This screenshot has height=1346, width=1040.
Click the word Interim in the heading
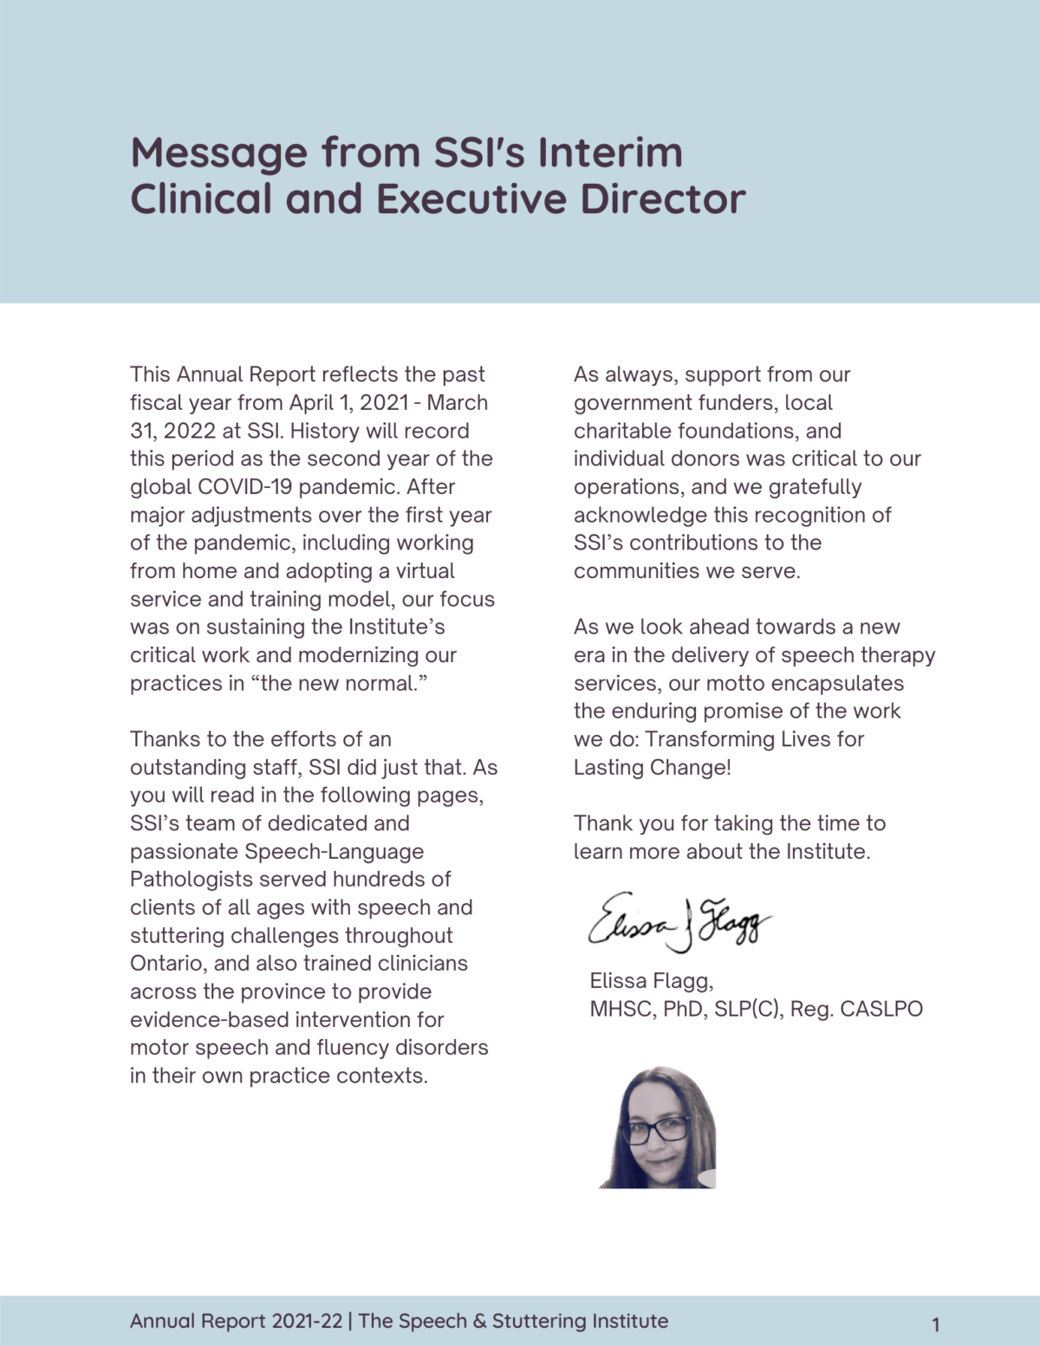[x=610, y=153]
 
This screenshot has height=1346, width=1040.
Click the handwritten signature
[x=679, y=922]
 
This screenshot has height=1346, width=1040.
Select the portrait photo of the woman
[x=659, y=1128]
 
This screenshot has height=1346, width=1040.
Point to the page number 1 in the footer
[x=935, y=1324]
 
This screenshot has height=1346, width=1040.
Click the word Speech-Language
[x=335, y=852]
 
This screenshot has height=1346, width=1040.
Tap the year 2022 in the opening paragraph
[x=191, y=431]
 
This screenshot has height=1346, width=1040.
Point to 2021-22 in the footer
[x=307, y=1321]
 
